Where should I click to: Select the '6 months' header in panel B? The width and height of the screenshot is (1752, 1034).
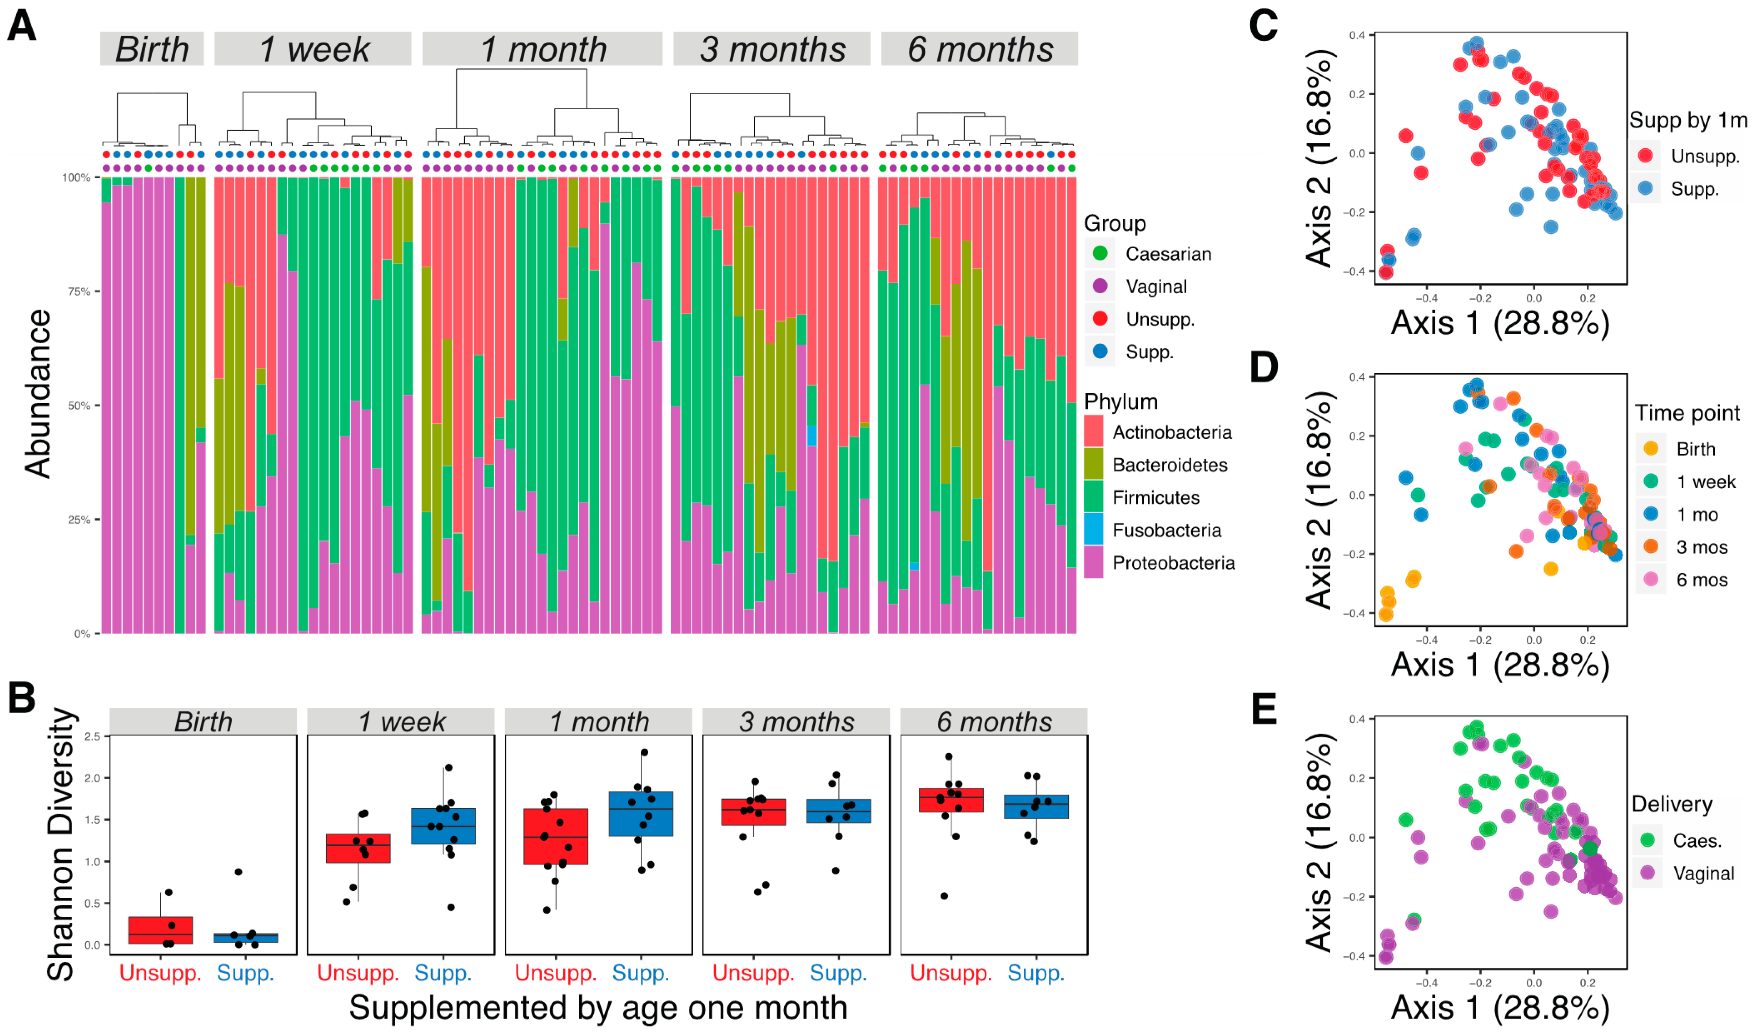click(x=994, y=722)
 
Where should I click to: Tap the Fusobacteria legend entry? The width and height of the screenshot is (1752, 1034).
click(x=1166, y=530)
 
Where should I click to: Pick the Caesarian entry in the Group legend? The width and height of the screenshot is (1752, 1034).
click(x=1168, y=254)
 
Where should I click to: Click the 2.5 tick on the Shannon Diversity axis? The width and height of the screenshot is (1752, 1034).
click(x=92, y=737)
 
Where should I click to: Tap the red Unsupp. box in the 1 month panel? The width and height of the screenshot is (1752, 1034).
click(x=556, y=836)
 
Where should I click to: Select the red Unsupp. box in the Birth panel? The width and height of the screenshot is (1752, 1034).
click(x=160, y=930)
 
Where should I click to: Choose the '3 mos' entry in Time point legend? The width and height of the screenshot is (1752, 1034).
click(x=1701, y=547)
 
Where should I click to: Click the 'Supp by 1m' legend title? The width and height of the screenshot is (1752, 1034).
click(x=1688, y=120)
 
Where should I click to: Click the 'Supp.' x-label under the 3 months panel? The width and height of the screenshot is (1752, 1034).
click(x=839, y=973)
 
